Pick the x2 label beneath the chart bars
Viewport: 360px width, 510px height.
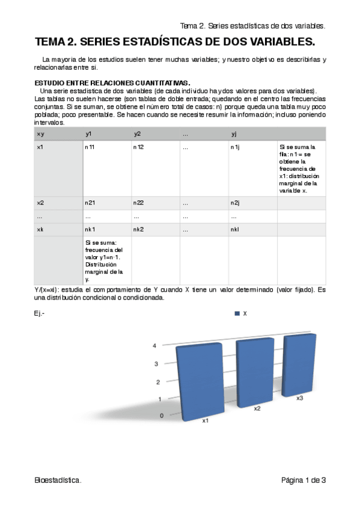pos(257,408)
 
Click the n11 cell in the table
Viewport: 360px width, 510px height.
pos(90,147)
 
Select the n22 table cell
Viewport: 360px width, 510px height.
pos(138,203)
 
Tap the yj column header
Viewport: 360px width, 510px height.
pos(234,134)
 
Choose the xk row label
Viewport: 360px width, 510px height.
pos(40,229)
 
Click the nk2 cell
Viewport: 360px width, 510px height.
pos(138,229)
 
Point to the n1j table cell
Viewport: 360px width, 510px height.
pos(234,147)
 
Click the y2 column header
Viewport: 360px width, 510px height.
pos(137,134)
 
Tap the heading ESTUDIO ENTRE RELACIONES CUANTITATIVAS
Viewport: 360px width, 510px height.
pos(113,83)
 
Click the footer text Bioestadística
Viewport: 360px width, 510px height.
pos(58,480)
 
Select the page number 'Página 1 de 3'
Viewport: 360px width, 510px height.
pos(304,480)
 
